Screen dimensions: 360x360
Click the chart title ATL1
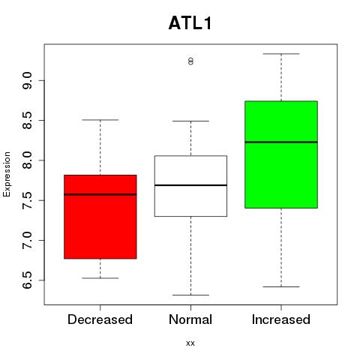pos(190,23)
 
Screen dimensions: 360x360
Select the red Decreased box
pos(100,217)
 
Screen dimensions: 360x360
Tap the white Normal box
pos(190,186)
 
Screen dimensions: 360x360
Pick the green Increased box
pos(281,154)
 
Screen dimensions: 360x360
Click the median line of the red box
pos(100,194)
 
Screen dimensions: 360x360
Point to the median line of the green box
pos(281,142)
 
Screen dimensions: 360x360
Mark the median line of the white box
pos(190,185)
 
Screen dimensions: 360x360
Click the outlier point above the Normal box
pos(190,61)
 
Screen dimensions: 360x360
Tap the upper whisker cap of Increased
pos(281,54)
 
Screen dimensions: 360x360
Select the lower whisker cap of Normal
pos(190,295)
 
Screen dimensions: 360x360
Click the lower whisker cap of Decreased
pos(100,278)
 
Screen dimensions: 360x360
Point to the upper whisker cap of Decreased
pos(100,120)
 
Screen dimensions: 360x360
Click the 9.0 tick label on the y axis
pos(27,80)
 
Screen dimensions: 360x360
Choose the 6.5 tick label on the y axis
pos(27,280)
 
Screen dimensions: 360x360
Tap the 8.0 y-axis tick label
pos(27,160)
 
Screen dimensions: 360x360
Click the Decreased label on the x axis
pos(100,319)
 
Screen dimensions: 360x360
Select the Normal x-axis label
pos(190,319)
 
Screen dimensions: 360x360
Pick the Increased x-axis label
pos(281,319)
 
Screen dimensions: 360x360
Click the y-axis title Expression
pos(7,174)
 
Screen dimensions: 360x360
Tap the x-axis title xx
pos(190,343)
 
